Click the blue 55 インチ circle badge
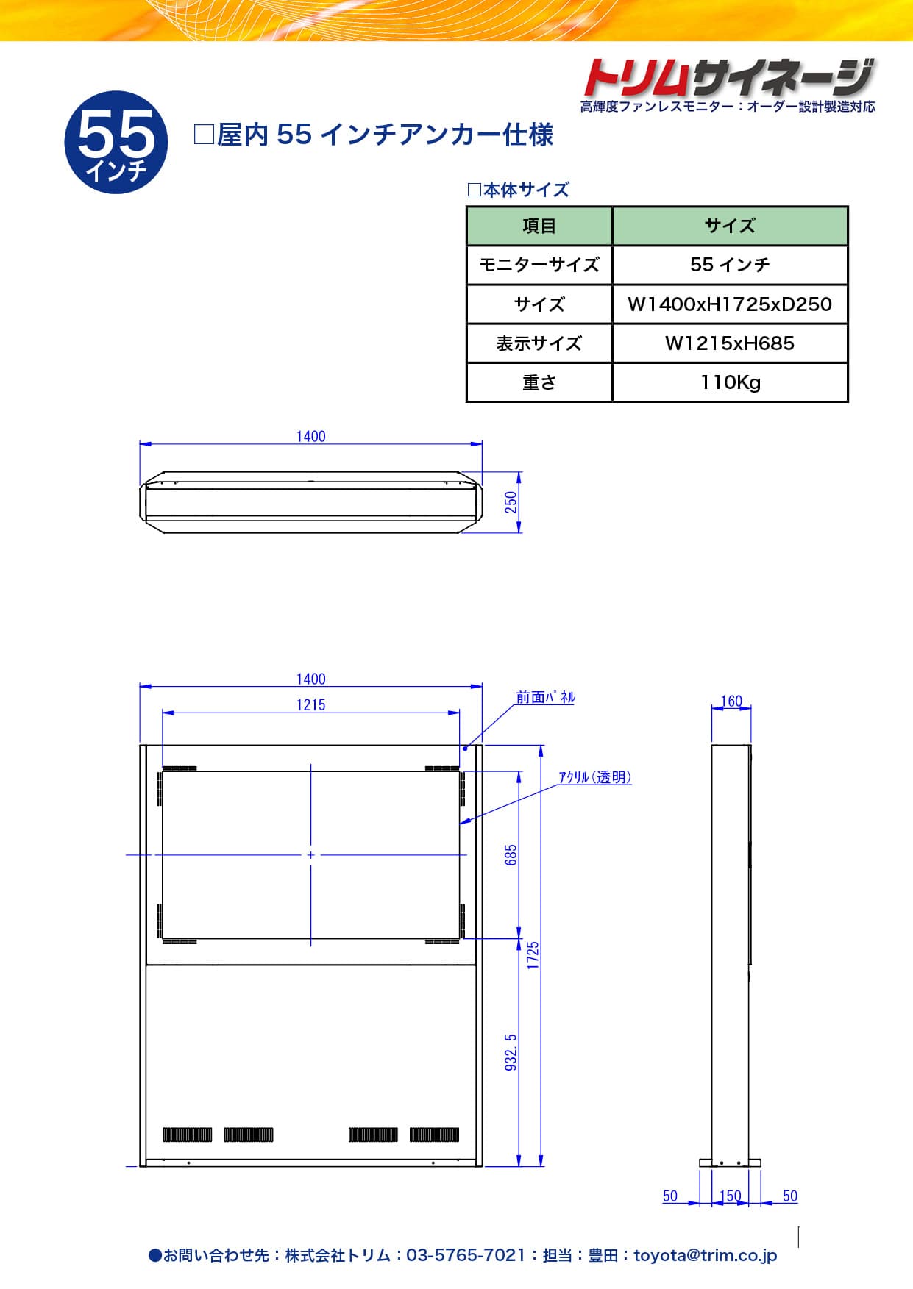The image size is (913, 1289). coord(116,143)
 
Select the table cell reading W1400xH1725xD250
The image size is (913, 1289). coord(730,304)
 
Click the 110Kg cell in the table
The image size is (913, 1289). coord(730,382)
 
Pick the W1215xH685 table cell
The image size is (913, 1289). coord(730,343)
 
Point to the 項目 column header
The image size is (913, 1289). coord(539,226)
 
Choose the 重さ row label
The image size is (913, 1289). coord(539,382)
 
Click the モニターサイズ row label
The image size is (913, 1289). coord(539,265)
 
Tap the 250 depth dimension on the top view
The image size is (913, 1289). coord(511,502)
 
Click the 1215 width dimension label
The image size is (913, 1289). coord(310,704)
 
